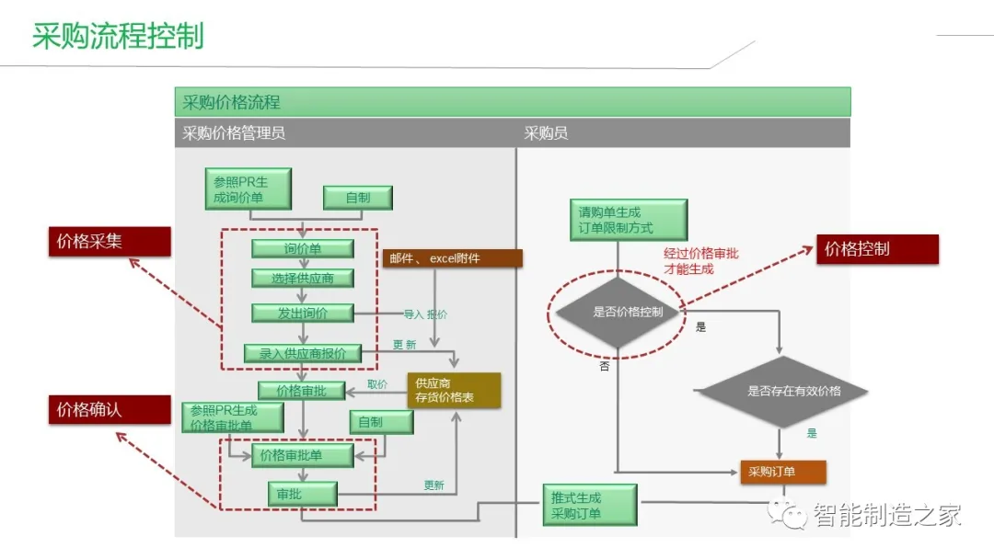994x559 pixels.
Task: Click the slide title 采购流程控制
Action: (x=118, y=36)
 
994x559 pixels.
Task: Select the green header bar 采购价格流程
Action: (x=512, y=102)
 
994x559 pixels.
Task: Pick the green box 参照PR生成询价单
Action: (x=248, y=189)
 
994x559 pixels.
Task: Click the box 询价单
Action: (x=303, y=249)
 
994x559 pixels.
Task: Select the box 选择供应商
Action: (x=303, y=279)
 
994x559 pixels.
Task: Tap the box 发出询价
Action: (x=303, y=314)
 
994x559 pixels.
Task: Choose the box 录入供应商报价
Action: (x=303, y=354)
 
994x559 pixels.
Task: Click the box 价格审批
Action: (x=301, y=391)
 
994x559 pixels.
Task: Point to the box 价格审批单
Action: (x=303, y=455)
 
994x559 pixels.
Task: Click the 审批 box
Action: (x=302, y=495)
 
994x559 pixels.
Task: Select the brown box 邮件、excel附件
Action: (x=452, y=258)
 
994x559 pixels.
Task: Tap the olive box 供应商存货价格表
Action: (x=454, y=390)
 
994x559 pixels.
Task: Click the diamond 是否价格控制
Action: (x=616, y=313)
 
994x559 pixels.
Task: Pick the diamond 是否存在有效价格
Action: (x=781, y=391)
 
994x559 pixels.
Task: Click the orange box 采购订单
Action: (x=782, y=473)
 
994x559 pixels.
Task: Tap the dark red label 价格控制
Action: (x=877, y=249)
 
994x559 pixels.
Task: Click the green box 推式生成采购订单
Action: (x=589, y=506)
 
